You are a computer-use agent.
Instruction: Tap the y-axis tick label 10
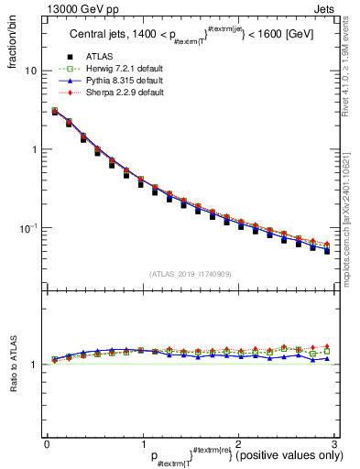click(x=32, y=71)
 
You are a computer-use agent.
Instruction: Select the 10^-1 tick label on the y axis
click(x=30, y=227)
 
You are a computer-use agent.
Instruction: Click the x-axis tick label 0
click(x=48, y=443)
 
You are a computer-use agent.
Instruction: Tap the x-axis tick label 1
click(x=143, y=443)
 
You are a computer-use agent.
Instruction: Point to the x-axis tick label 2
click(x=238, y=443)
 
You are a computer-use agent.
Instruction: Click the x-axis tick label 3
click(x=333, y=443)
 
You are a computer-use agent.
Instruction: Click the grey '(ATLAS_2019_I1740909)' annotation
click(x=190, y=274)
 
